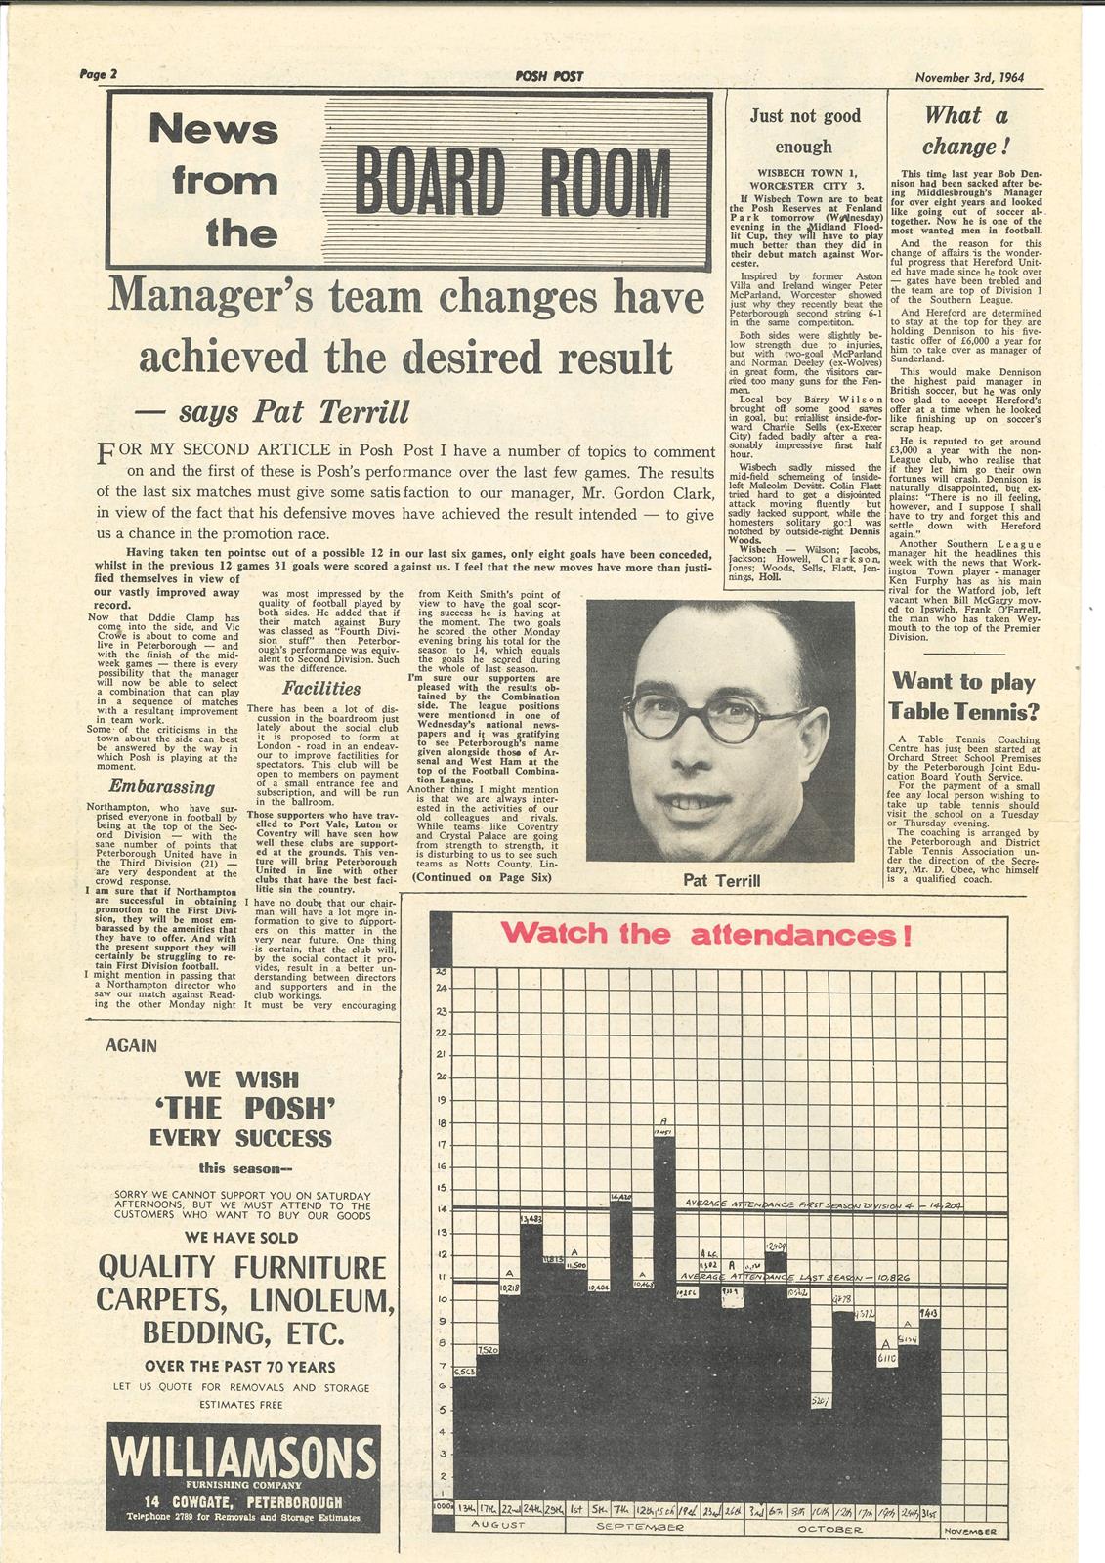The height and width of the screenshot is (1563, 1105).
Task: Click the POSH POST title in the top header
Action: (549, 77)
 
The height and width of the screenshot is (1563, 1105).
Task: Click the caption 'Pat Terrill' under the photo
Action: (721, 881)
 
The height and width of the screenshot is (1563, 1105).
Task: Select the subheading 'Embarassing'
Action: (161, 787)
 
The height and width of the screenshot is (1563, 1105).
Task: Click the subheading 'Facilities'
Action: (321, 688)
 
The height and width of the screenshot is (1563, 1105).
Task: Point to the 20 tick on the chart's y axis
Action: (441, 1077)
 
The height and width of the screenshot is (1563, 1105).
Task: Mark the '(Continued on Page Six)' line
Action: (482, 877)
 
